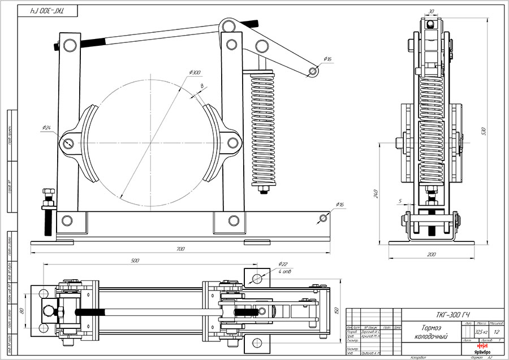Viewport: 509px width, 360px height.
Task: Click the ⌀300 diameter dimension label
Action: tap(195, 72)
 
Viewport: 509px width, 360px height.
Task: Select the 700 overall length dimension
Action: tap(180, 248)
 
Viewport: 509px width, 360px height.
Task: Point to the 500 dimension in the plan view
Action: tap(134, 261)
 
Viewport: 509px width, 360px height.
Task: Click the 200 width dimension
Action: tap(432, 255)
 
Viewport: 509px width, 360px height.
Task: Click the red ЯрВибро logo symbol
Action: tap(482, 345)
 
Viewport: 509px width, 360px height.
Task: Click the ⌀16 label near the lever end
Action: tap(329, 59)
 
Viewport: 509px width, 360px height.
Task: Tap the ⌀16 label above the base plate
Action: tap(340, 204)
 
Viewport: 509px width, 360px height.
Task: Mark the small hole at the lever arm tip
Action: tap(312, 71)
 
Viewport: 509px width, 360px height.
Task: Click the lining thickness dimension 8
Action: tap(201, 85)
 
